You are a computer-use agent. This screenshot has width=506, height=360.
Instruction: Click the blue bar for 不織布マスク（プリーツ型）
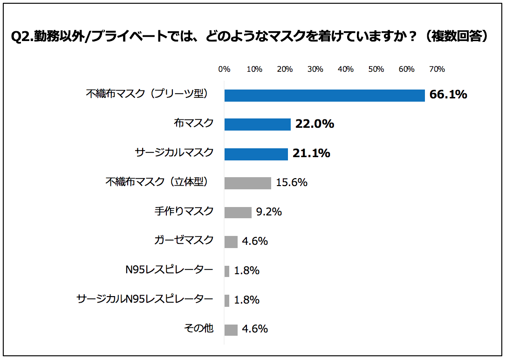(x=324, y=95)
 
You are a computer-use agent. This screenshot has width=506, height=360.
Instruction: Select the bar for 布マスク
(x=258, y=124)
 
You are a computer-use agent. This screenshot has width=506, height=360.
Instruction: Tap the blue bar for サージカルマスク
(x=256, y=153)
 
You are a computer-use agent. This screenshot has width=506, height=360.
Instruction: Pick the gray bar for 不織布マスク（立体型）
(x=248, y=183)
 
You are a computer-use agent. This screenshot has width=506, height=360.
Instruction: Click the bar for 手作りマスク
(x=238, y=212)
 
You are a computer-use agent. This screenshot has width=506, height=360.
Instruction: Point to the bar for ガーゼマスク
(x=231, y=242)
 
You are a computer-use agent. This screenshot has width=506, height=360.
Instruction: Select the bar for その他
(x=231, y=329)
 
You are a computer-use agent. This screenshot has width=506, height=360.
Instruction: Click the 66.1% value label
(x=448, y=95)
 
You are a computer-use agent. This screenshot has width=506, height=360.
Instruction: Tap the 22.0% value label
(x=315, y=124)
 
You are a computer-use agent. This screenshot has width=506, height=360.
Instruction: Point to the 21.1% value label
(x=311, y=153)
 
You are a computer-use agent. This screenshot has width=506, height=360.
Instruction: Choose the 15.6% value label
(x=292, y=183)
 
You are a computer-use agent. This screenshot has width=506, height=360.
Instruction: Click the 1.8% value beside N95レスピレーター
(x=246, y=271)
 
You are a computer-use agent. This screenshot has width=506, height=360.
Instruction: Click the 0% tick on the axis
(x=225, y=69)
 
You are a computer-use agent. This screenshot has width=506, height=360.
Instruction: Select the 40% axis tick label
(x=346, y=69)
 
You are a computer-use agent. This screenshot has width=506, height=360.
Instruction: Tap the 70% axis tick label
(x=437, y=69)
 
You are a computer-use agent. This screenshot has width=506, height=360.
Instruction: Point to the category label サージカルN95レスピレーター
(x=145, y=299)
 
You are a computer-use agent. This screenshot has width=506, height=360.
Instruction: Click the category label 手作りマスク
(x=184, y=211)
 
